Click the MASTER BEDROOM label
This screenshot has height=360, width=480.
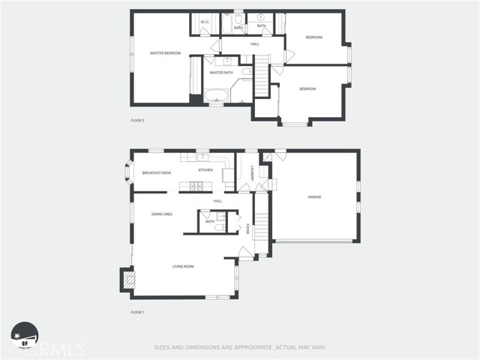coord(165,53)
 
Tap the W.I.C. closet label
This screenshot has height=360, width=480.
coord(204,22)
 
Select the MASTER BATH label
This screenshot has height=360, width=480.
coord(220,73)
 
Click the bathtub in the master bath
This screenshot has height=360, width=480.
coord(218,95)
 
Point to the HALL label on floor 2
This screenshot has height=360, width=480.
coord(255,44)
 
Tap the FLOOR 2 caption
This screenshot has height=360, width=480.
coord(137,120)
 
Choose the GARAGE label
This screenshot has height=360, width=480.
coord(314,196)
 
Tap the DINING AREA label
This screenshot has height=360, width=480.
coord(162,214)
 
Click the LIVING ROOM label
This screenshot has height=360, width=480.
coord(184,266)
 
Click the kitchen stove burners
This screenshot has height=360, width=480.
coord(193,185)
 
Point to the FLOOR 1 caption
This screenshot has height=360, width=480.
coord(137,311)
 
